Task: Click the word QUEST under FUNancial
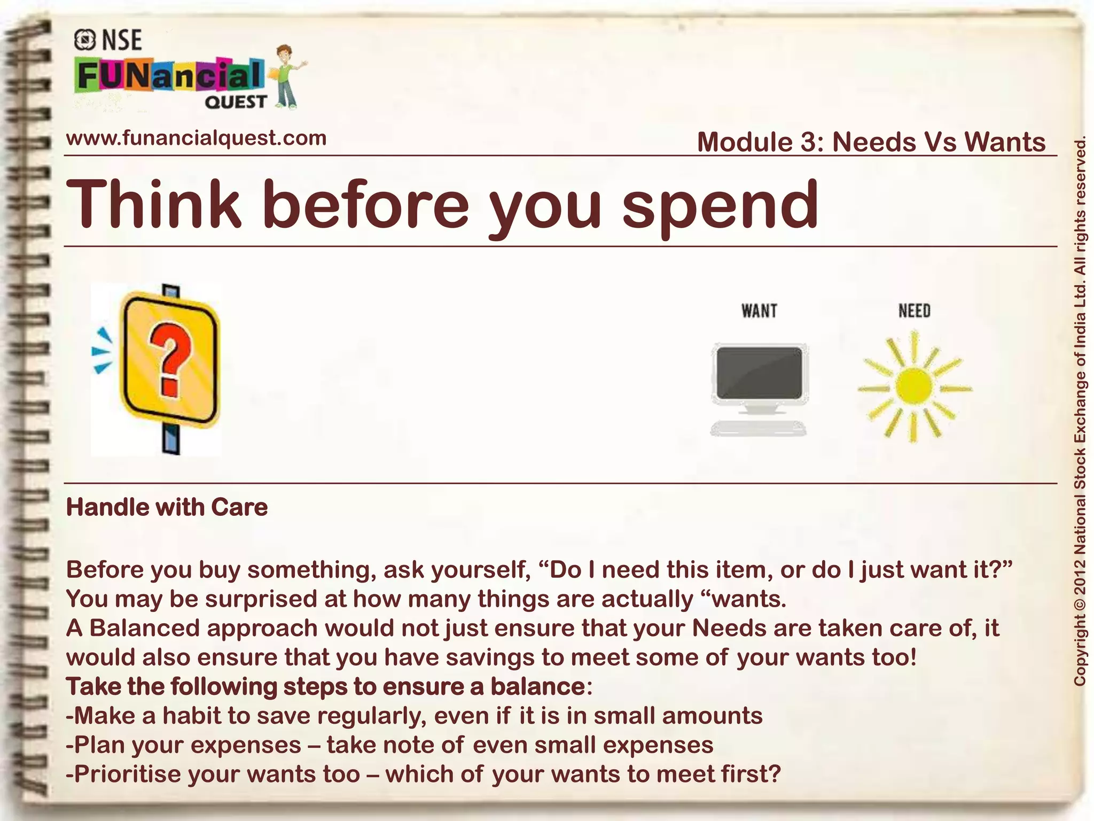coord(235,102)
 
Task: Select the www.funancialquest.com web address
coord(196,138)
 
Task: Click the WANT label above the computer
coord(759,311)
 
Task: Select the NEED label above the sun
coord(914,311)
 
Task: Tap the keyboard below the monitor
coord(758,428)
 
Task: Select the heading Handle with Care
coord(167,507)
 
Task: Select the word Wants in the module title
coord(1005,142)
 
